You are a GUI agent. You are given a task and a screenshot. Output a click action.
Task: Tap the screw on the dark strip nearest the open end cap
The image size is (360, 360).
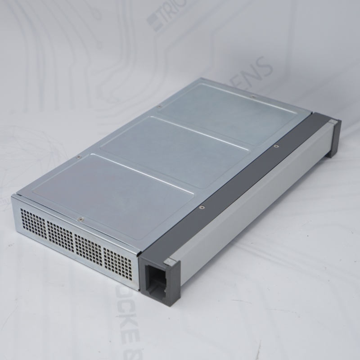(201, 207)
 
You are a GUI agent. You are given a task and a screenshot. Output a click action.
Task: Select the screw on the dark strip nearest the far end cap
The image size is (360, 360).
(276, 146)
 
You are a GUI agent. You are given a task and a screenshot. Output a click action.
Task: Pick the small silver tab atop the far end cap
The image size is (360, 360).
(332, 121)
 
